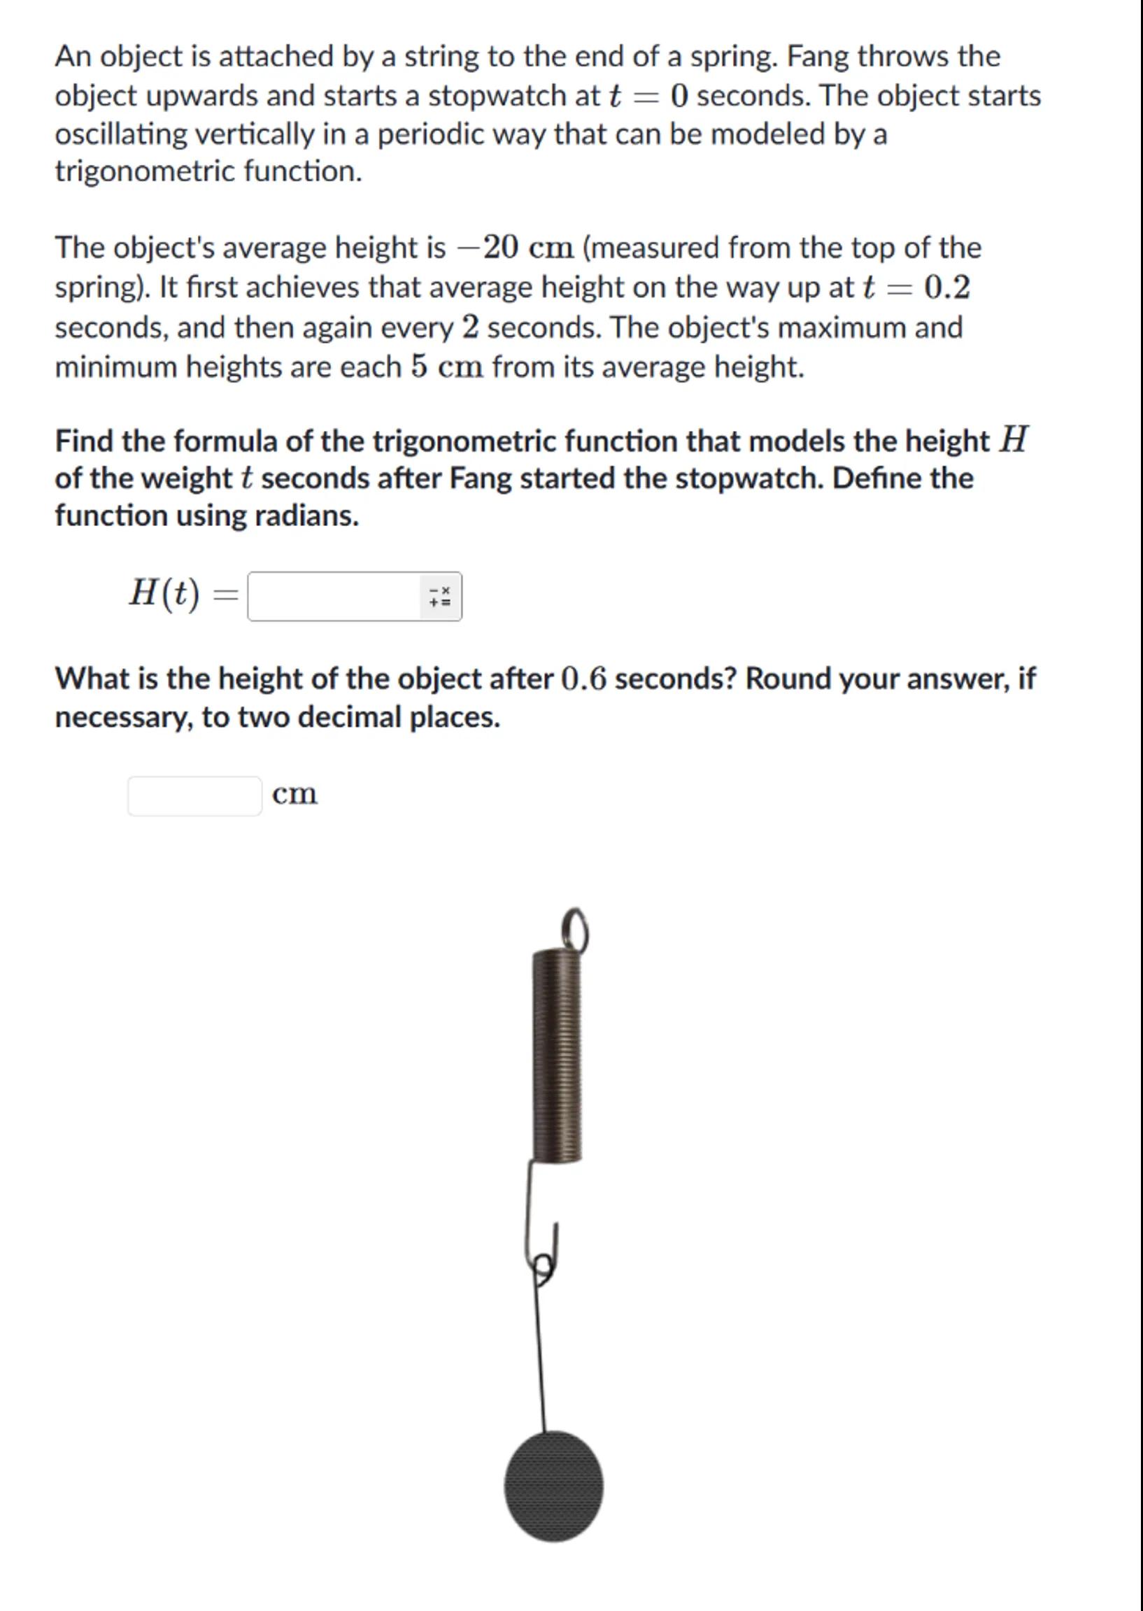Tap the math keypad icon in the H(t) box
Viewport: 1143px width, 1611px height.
[x=440, y=597]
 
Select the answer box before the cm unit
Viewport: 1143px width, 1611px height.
[x=194, y=796]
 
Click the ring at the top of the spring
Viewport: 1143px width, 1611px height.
[x=574, y=929]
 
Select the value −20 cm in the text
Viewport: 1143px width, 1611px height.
[x=516, y=248]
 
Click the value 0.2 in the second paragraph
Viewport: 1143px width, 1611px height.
[x=946, y=287]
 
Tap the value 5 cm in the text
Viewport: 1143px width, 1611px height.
[x=448, y=367]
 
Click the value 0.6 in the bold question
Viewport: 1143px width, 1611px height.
[x=583, y=679]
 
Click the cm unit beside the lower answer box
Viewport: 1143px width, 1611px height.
[x=295, y=794]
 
